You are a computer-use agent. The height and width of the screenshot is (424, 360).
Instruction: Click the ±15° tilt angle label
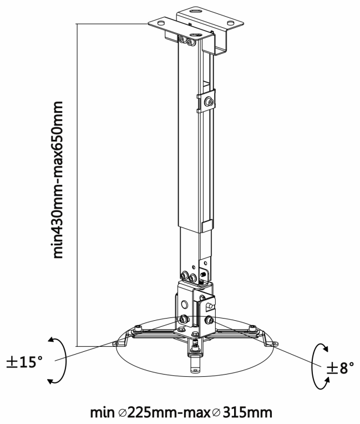point(24,362)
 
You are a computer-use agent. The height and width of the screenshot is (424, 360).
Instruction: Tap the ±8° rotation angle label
point(340,367)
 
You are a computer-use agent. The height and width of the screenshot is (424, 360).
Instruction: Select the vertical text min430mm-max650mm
point(58,180)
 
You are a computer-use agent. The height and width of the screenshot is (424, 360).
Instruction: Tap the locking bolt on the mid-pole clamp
point(209,102)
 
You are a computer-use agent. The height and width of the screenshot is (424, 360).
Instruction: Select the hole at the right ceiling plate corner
point(230,23)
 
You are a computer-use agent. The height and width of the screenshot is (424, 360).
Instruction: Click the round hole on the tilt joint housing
point(184,305)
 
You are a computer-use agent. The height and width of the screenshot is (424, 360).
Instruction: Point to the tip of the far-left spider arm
point(116,344)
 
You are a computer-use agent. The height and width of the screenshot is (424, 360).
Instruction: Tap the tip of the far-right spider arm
point(275,344)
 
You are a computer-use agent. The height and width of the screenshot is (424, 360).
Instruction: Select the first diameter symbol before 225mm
point(123,413)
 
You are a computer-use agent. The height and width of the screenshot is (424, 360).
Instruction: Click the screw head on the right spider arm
point(253,328)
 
